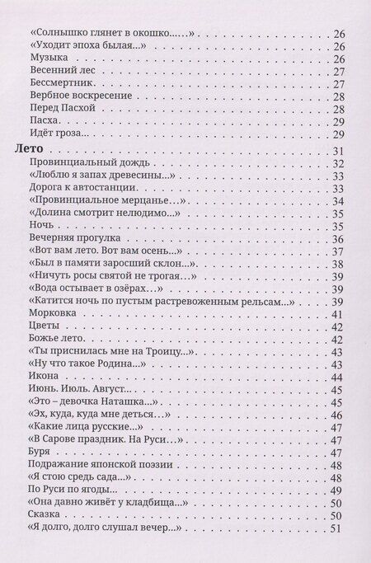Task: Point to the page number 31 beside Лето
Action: [x=337, y=152]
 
